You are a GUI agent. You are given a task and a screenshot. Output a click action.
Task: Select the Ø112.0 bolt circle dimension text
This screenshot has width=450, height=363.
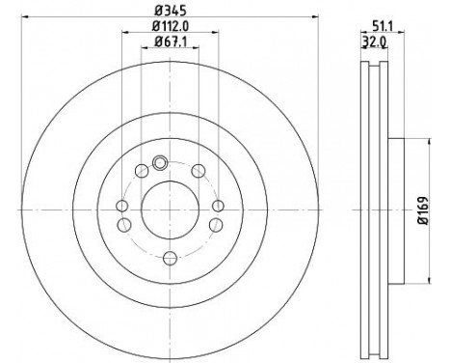tap(171, 26)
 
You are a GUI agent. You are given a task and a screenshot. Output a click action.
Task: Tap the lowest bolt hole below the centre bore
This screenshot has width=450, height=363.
tap(170, 257)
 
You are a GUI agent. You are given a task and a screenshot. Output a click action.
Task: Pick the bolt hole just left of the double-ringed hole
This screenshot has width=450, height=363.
tap(142, 171)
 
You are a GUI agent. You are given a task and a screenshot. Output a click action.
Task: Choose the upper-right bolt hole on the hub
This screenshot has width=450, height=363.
tap(199, 171)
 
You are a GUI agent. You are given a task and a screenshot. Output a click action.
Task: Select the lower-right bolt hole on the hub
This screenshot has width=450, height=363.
tap(214, 225)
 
